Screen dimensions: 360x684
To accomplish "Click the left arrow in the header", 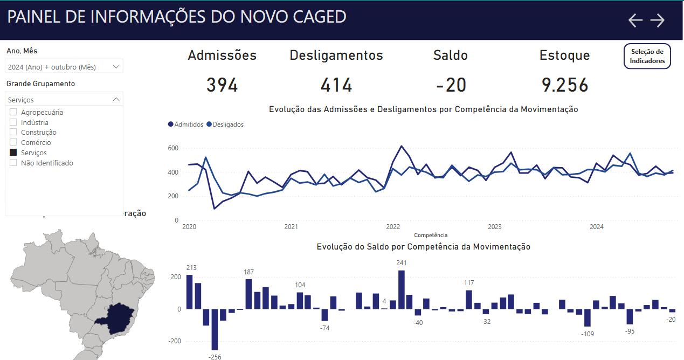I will pyautogui.click(x=636, y=20).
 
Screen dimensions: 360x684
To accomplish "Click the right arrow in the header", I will pyautogui.click(x=658, y=20).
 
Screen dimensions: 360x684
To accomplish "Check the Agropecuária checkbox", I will pyautogui.click(x=13, y=112).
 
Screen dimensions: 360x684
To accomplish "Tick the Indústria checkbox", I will pyautogui.click(x=13, y=122).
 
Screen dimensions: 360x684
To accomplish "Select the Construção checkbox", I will pyautogui.click(x=13, y=133).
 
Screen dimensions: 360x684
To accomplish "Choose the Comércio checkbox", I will pyautogui.click(x=13, y=143).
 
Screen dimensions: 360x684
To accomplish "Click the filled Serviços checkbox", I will pyautogui.click(x=13, y=153).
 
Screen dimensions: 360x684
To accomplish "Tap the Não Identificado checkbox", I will pyautogui.click(x=13, y=163).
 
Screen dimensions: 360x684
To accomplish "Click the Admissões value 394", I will pyautogui.click(x=222, y=85).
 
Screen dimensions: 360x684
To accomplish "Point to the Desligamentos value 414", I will pyautogui.click(x=336, y=85).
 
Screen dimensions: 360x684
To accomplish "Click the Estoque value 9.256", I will pyautogui.click(x=565, y=85).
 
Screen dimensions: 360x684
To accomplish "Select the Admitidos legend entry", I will pyautogui.click(x=185, y=124).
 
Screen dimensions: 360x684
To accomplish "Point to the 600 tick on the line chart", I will pyautogui.click(x=172, y=148).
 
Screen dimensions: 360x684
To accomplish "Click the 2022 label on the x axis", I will pyautogui.click(x=393, y=227).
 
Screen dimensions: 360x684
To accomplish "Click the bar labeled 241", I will pyautogui.click(x=401, y=289).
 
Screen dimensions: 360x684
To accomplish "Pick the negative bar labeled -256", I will pyautogui.click(x=215, y=329).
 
